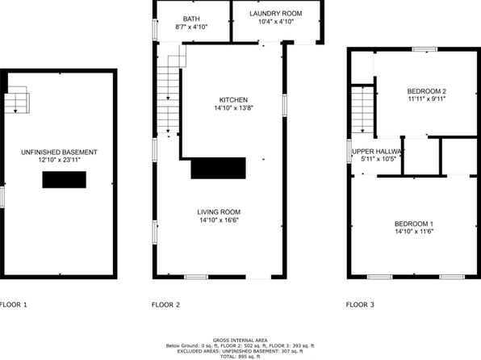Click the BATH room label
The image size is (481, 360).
coord(191,19)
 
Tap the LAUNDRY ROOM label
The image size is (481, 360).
coord(276,14)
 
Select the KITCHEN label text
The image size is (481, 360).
coord(233,100)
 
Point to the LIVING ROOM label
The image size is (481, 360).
coord(219,212)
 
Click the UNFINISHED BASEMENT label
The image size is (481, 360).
coord(59,153)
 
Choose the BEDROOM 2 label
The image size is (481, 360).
coord(427,91)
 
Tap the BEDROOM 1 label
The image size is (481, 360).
coord(414,224)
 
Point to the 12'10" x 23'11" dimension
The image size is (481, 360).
coord(59,160)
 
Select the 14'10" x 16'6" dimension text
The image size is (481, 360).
coord(219,220)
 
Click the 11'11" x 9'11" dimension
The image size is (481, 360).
coord(427,98)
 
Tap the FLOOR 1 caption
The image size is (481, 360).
coord(13,305)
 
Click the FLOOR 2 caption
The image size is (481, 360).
coord(165,305)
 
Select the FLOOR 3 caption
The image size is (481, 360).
coord(360,305)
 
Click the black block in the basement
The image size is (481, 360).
coord(64,180)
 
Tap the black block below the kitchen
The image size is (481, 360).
coord(218,168)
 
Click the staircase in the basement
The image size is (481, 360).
coord(17,100)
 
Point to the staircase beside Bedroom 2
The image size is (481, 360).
coord(362,110)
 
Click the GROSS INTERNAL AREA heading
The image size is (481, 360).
coord(240,341)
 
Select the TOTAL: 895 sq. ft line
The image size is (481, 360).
coord(240,357)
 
